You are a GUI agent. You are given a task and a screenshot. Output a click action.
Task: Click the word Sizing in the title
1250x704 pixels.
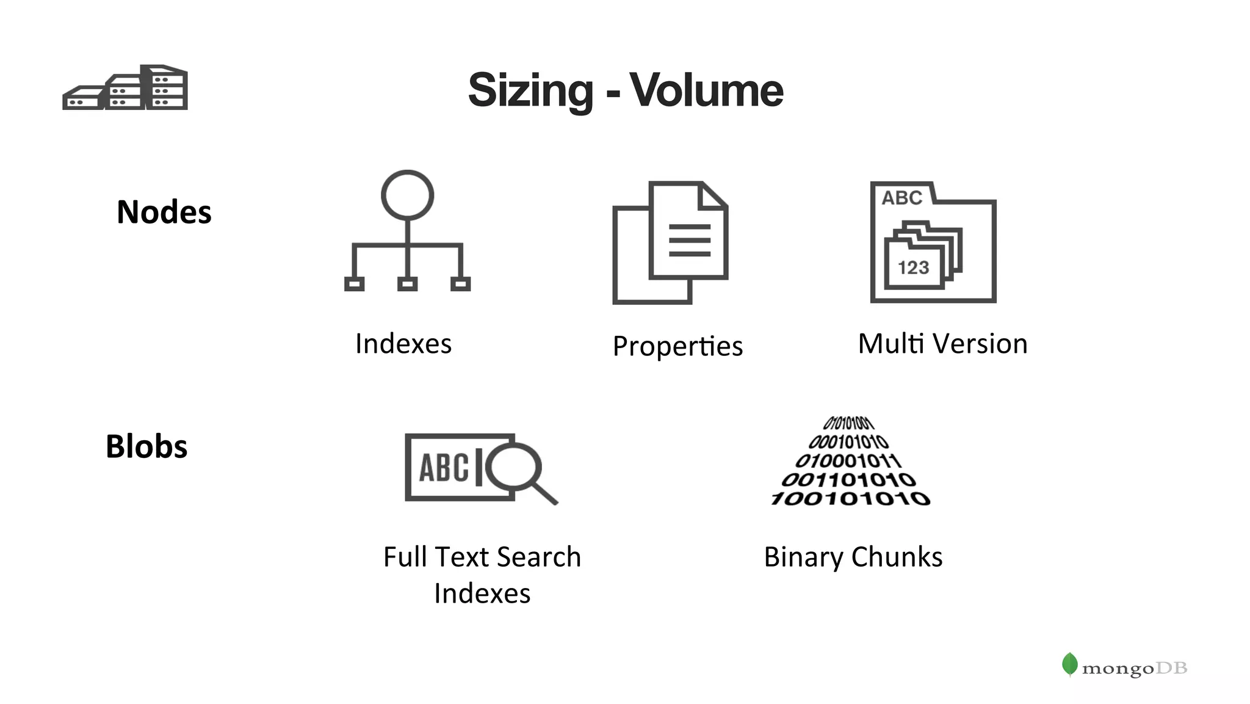coord(530,90)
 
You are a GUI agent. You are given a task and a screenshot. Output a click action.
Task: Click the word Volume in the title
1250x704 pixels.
coord(706,90)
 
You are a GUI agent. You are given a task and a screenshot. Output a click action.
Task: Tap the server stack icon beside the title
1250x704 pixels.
coord(125,88)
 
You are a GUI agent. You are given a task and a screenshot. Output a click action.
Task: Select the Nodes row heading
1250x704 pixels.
coord(164,212)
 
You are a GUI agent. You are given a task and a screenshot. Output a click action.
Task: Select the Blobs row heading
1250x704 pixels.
coord(146,446)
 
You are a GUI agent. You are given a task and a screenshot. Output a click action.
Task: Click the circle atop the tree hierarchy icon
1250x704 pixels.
coord(407,195)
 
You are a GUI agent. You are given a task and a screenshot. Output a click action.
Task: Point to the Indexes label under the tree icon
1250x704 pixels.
coord(403,343)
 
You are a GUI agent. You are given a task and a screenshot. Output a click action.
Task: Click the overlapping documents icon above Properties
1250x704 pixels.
coord(670,242)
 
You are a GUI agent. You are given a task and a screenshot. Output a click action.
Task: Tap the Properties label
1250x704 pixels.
coord(677,346)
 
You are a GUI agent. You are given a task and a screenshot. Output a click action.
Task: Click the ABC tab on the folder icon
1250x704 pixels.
coord(901,197)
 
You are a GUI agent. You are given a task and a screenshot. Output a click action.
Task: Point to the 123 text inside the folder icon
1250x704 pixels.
coord(913,267)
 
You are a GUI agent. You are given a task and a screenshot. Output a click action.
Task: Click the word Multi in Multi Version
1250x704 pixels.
coord(891,343)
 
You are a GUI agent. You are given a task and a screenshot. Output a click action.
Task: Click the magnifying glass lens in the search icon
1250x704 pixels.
coord(514,467)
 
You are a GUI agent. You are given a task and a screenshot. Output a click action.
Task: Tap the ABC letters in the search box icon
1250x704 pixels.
coord(444,468)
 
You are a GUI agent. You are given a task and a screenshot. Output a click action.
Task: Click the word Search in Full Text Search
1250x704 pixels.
coord(539,557)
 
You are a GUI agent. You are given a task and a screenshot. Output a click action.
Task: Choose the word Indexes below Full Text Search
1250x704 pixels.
coord(482,593)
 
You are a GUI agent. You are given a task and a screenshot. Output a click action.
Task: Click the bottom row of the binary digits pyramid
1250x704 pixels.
coord(851,498)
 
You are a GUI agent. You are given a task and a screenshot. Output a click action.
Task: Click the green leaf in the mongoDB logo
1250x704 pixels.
coord(1069,664)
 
